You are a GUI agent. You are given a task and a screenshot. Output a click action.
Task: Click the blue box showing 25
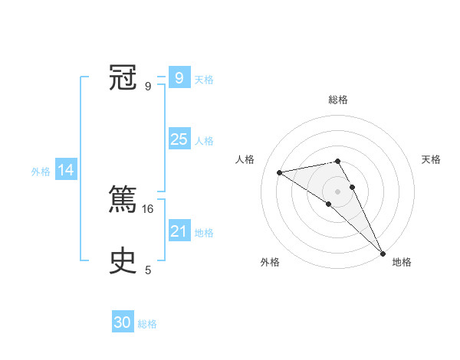[x=179, y=139]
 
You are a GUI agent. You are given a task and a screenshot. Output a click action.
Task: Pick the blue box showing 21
[x=179, y=231]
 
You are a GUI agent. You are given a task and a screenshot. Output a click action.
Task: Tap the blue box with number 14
[x=66, y=171]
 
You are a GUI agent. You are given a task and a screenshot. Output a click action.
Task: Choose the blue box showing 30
[x=123, y=322]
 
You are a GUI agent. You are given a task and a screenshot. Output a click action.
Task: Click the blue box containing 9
[x=179, y=78]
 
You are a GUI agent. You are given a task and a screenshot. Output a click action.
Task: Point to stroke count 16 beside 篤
[x=149, y=208]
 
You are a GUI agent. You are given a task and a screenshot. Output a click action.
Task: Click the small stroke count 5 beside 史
[x=148, y=270]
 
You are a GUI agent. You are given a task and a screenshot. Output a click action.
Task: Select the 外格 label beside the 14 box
[x=41, y=172]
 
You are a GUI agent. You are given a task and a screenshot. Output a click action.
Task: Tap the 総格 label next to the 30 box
[x=148, y=324]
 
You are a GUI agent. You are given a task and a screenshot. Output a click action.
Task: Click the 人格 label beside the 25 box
[x=204, y=141]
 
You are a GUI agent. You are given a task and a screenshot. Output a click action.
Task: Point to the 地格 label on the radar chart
[x=402, y=262]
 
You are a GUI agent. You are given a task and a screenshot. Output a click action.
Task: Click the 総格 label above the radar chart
[x=338, y=100]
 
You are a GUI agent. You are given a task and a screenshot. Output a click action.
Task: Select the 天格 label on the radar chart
[x=431, y=159]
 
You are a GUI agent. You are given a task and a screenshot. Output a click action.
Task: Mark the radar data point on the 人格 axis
[x=280, y=172]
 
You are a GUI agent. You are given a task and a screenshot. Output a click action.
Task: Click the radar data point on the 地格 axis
[x=383, y=252]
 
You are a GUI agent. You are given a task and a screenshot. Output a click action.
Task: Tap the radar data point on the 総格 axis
[x=338, y=161]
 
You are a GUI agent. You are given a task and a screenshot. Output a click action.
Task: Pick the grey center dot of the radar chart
[x=338, y=190]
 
